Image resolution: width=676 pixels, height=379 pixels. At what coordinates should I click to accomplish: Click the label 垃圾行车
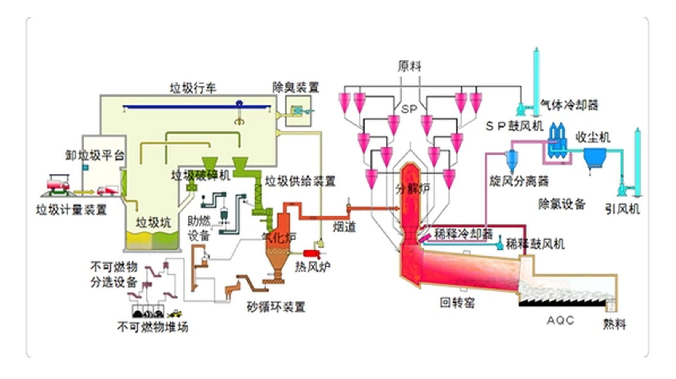193,88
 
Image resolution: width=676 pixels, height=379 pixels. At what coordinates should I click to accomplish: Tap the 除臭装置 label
295,88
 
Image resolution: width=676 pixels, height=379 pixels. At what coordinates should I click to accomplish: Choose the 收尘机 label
593,137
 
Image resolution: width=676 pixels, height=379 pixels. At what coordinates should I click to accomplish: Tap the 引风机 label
622,210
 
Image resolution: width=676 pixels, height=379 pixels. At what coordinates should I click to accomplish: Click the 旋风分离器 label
519,181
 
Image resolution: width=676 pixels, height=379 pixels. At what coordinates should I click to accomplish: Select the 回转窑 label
457,302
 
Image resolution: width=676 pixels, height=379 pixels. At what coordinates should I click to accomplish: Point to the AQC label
560,320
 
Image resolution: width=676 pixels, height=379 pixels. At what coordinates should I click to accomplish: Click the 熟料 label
615,325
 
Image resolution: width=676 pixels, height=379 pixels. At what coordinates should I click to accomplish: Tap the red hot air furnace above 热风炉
312,254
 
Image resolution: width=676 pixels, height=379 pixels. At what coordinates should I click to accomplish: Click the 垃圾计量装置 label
71,210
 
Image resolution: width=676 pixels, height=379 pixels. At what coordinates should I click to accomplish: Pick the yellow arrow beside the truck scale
83,192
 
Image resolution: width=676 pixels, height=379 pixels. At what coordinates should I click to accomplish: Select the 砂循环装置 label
276,307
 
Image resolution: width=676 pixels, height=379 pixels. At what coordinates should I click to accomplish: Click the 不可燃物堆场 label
153,327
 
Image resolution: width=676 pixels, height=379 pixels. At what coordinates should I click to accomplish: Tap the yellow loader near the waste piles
175,314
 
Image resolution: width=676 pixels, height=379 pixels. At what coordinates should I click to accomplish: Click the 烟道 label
344,227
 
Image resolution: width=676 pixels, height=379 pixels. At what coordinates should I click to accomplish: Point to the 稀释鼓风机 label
535,244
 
